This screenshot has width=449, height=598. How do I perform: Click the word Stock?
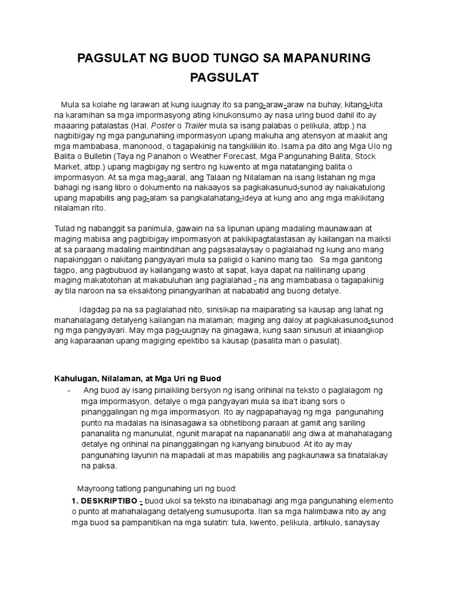click(x=385, y=157)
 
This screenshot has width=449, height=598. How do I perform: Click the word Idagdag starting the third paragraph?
click(x=95, y=310)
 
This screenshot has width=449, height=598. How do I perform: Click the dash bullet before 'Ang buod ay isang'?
click(x=70, y=390)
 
